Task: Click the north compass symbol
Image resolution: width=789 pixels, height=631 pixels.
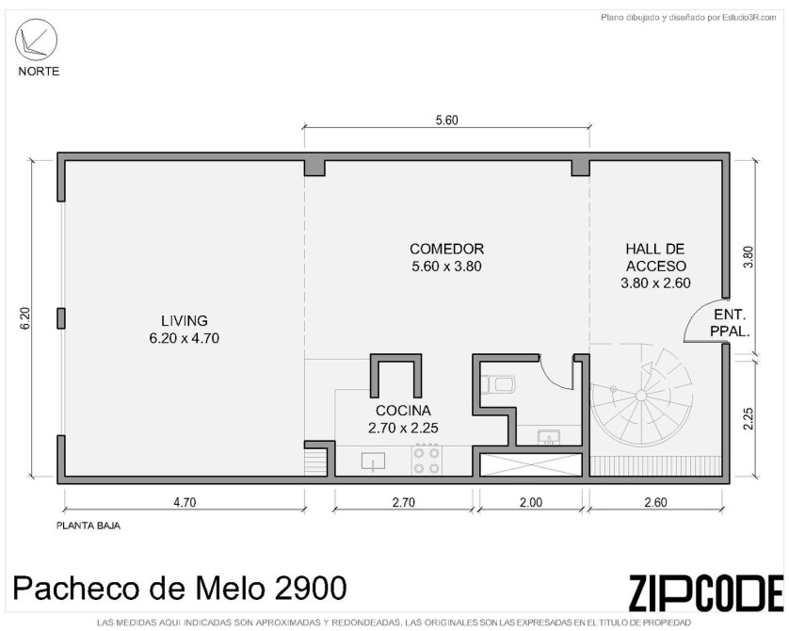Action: (x=36, y=40)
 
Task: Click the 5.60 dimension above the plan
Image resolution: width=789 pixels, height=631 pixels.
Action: (x=447, y=121)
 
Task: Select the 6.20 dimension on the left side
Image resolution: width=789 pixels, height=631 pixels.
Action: (x=26, y=318)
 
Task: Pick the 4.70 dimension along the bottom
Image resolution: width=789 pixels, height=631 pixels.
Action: (x=185, y=502)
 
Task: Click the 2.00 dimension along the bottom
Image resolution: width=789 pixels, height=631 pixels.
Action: (x=531, y=502)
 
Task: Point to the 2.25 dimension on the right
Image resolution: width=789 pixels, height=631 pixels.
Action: (x=749, y=418)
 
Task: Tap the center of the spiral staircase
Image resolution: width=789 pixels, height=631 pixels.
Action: (x=641, y=395)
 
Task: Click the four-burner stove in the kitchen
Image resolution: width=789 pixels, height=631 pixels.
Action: (x=427, y=461)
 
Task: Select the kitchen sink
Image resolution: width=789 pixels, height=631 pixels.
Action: (x=373, y=461)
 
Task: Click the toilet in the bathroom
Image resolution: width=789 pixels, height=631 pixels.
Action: (x=498, y=385)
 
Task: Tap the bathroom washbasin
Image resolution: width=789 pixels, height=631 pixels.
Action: (x=547, y=436)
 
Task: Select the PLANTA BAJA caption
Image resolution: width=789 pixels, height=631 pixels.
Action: (x=89, y=526)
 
